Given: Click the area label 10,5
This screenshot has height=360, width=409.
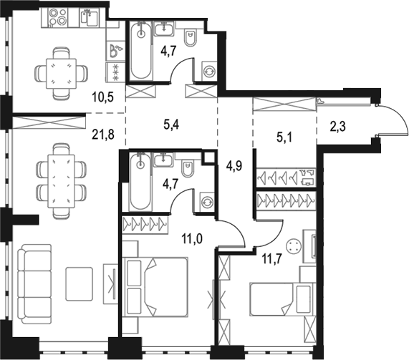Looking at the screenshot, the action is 102,97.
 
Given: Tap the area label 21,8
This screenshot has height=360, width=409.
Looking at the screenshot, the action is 103,135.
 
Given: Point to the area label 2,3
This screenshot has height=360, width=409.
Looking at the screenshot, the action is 337,127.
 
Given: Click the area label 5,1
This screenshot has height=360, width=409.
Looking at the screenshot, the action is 284,137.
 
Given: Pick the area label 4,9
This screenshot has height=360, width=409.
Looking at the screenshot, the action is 234,165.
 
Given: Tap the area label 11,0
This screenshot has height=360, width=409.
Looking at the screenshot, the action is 192,239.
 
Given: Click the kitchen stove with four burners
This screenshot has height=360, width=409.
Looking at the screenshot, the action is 58,17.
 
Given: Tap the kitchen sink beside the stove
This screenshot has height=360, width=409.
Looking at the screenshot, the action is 90,17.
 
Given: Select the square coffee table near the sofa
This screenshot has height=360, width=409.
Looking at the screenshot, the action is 79,283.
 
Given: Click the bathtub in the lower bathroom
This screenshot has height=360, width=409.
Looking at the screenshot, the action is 141,182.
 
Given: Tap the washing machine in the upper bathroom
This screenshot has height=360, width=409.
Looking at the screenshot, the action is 209,71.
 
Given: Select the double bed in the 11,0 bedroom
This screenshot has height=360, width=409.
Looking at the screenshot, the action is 156,287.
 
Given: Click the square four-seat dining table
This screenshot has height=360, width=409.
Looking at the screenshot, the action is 61,74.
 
